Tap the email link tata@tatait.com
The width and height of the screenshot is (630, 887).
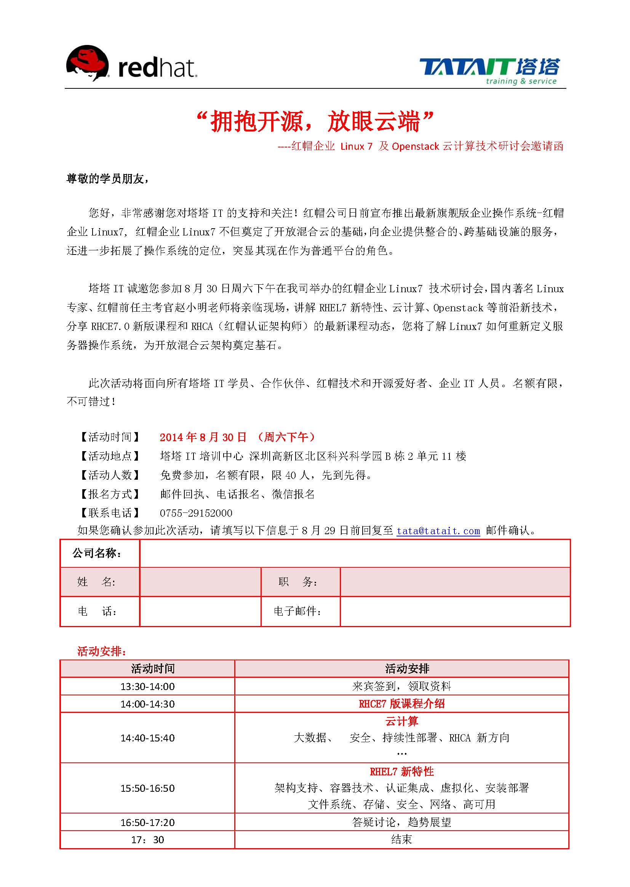click(x=438, y=530)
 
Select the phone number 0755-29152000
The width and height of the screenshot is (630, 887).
click(x=196, y=513)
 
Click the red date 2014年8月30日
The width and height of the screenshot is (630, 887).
click(x=203, y=437)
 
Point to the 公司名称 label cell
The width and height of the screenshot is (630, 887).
click(x=100, y=553)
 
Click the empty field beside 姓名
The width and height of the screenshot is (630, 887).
click(x=200, y=582)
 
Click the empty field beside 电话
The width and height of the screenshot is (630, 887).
click(x=200, y=611)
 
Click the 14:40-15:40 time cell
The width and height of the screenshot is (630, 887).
click(x=147, y=738)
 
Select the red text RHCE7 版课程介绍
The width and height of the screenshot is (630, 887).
click(x=401, y=703)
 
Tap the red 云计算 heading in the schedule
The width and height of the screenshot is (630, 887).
click(x=401, y=721)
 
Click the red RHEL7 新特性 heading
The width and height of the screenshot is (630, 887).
click(x=401, y=772)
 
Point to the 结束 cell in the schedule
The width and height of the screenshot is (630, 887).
click(x=401, y=839)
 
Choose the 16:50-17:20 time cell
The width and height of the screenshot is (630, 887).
click(x=147, y=822)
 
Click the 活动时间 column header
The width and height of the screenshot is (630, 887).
click(x=153, y=669)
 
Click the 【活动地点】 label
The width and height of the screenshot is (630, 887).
click(x=110, y=456)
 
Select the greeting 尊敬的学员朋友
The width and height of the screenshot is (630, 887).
click(x=107, y=179)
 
